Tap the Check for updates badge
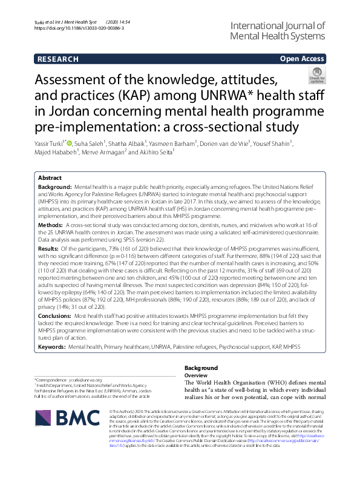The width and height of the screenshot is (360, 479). coord(316,75)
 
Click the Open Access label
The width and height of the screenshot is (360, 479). coord(303,59)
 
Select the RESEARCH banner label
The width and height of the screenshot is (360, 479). coord(58,59)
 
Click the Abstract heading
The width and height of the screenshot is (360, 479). coord(50,178)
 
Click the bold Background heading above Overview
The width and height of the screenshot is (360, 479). coord(201,368)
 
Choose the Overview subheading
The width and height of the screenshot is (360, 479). coord(196,375)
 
